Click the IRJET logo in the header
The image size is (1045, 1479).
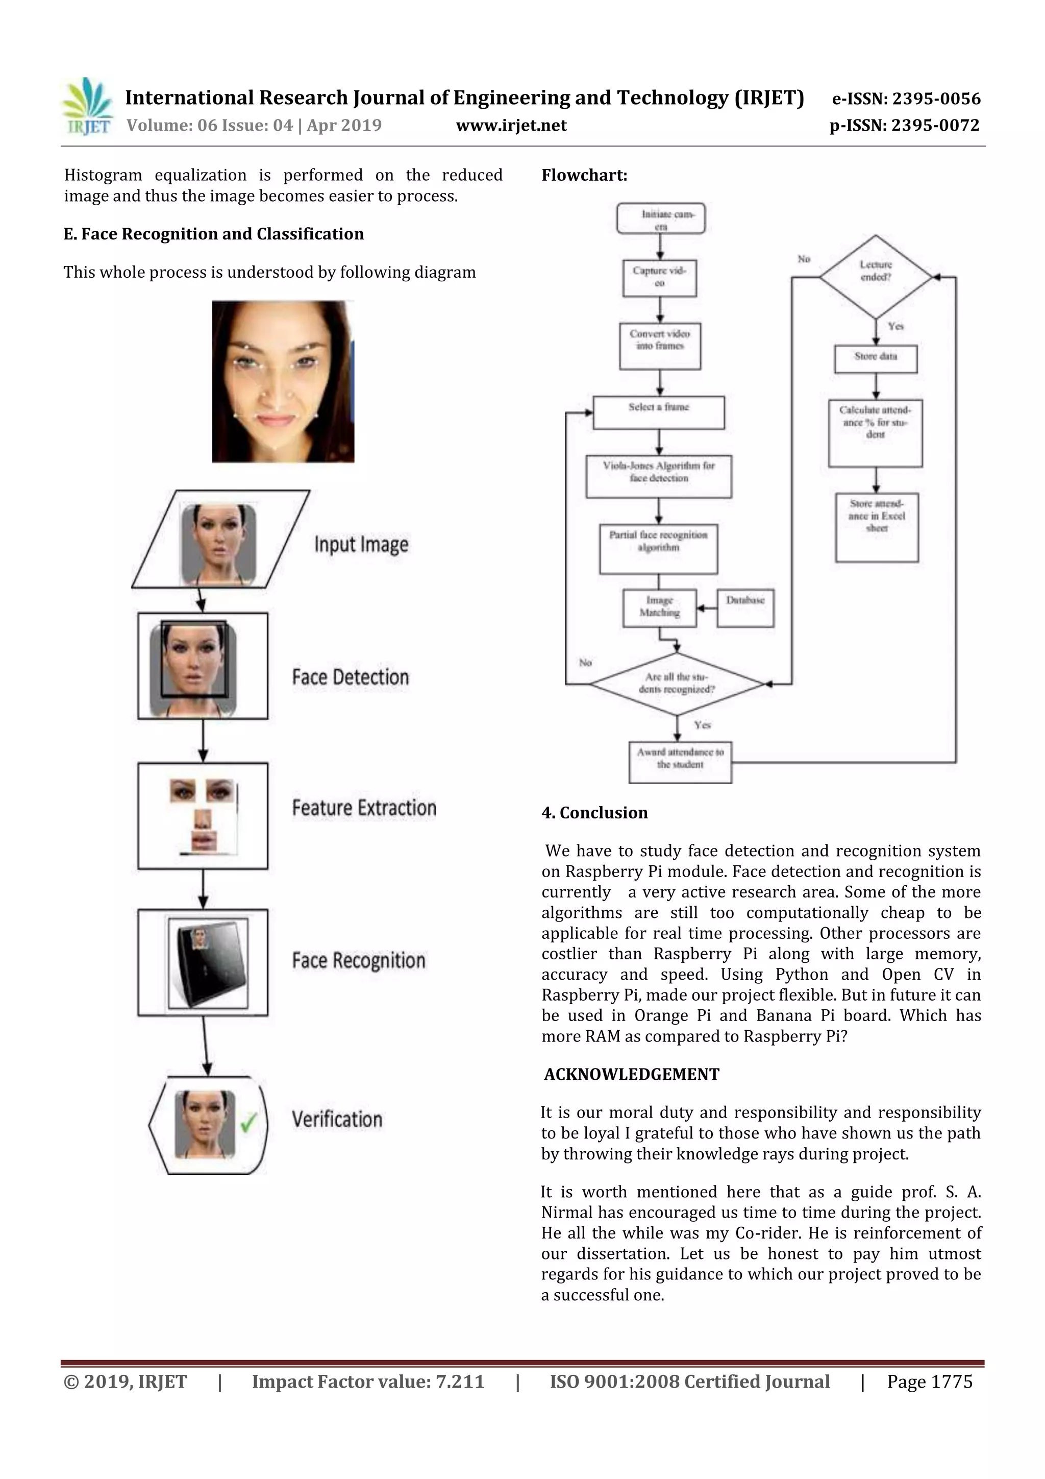click(x=87, y=107)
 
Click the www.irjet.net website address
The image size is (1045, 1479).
click(x=511, y=125)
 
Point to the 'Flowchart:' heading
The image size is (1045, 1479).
click(x=584, y=175)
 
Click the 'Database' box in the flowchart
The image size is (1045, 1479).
click(x=745, y=607)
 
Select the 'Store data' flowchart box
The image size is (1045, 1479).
click(x=875, y=358)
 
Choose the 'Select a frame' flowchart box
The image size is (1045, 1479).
click(x=658, y=413)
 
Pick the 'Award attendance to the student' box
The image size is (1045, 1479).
click(x=680, y=762)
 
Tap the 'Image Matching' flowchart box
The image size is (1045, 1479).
click(x=659, y=608)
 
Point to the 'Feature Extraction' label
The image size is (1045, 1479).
click(x=364, y=808)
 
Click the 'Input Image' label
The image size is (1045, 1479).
click(x=361, y=545)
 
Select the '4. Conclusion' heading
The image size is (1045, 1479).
click(x=594, y=813)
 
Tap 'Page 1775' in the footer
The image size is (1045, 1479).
click(x=929, y=1381)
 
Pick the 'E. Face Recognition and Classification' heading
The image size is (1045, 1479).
click(x=214, y=234)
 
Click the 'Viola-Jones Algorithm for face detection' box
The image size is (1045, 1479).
click(x=658, y=477)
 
